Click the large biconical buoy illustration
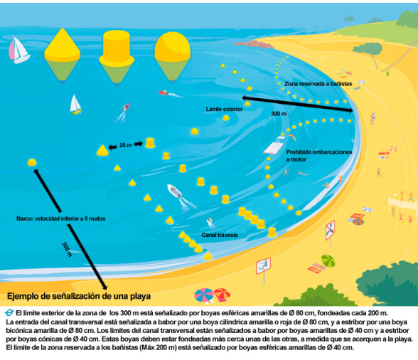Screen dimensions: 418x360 (62, 54)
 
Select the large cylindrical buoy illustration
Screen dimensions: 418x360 (117, 57)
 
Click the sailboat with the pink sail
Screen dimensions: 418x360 (18, 51)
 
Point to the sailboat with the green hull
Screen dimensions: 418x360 (75, 105)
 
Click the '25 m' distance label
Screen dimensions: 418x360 (126, 145)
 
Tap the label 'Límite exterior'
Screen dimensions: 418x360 (224, 109)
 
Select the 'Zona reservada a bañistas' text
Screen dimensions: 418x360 (318, 84)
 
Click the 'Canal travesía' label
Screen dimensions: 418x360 (220, 235)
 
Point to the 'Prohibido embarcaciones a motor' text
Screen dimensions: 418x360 (318, 156)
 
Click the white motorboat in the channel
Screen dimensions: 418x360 (175, 191)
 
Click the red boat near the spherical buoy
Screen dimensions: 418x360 (164, 93)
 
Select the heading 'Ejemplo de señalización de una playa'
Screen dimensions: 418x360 (79, 296)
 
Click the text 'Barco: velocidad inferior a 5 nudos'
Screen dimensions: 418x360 (61, 218)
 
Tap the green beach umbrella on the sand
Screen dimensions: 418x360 (328, 260)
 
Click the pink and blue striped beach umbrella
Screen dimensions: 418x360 (204, 295)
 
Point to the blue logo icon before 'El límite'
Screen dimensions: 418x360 (9, 312)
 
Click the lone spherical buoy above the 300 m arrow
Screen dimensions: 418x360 (32, 162)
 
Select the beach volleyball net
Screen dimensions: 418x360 (402, 204)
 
